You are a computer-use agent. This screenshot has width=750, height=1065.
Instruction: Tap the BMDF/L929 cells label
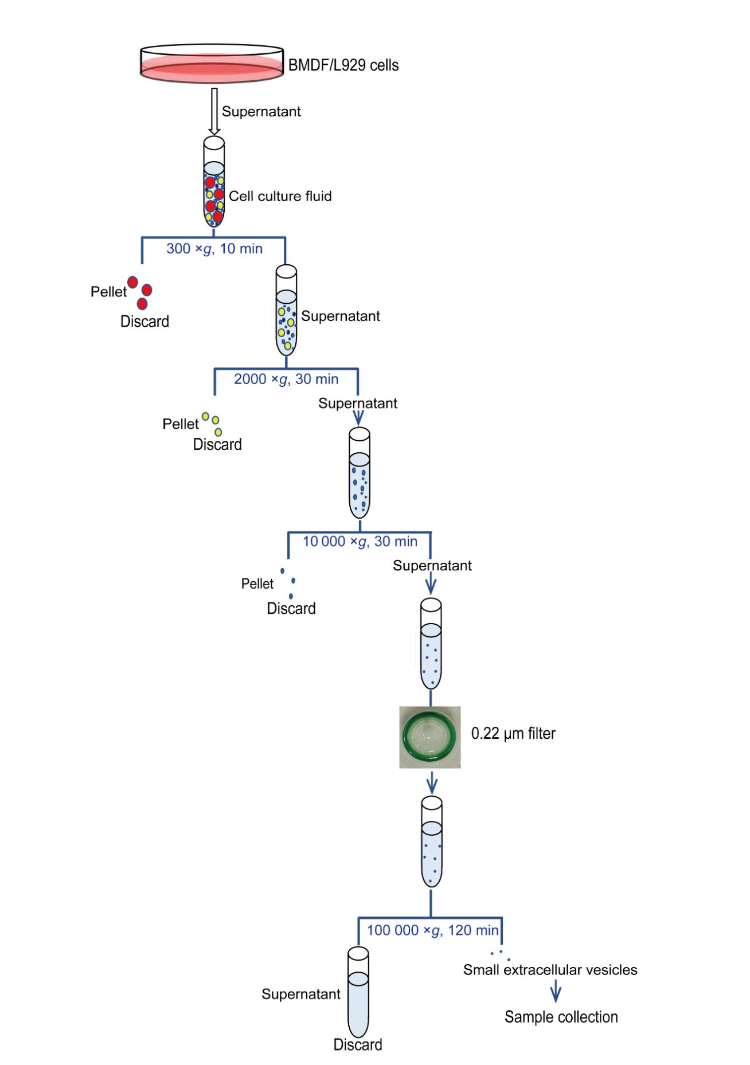tap(343, 65)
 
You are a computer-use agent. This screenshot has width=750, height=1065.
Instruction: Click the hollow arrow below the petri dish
tap(214, 111)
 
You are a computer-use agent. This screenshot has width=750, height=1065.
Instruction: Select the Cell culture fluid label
tap(280, 197)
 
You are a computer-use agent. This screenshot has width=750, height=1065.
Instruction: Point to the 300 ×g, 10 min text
tap(214, 249)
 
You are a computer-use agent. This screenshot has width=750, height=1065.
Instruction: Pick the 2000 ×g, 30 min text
tap(286, 379)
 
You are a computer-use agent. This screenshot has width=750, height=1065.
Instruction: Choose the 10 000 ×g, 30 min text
tap(360, 542)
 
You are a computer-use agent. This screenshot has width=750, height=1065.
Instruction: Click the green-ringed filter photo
tap(430, 737)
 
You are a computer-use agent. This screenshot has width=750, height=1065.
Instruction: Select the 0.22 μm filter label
tap(513, 734)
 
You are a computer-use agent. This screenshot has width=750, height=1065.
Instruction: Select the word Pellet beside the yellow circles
tap(180, 424)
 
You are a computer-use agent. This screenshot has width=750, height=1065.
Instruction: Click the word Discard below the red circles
tap(144, 322)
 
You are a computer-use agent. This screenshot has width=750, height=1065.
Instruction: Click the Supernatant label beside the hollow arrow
tap(261, 112)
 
